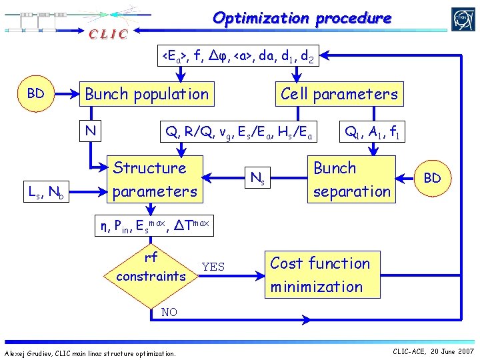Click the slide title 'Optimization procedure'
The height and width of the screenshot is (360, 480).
[x=301, y=18]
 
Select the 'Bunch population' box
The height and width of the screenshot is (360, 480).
[x=146, y=94]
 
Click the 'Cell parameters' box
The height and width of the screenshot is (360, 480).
[x=339, y=94]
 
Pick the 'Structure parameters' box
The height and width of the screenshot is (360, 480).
[x=155, y=179]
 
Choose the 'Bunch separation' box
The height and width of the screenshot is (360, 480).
[x=351, y=179]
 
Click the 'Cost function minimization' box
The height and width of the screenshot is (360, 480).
[x=320, y=275]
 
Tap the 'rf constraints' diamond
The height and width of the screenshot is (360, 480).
[x=151, y=267]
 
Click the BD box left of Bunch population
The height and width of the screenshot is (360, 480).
[x=35, y=93]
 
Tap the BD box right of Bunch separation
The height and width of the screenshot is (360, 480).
[x=431, y=178]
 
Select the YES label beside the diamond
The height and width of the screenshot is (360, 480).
[x=213, y=267]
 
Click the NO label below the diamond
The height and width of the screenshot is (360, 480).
[x=169, y=312]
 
